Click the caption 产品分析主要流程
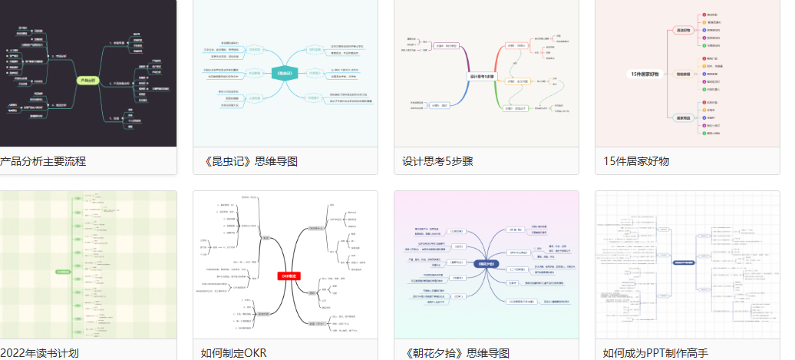(43, 161)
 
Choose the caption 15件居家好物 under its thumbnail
(636, 161)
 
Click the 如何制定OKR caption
(233, 353)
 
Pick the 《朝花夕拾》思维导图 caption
(456, 353)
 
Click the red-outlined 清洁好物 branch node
(682, 31)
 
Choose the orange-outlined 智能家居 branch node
(682, 74)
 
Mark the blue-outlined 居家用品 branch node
(682, 117)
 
